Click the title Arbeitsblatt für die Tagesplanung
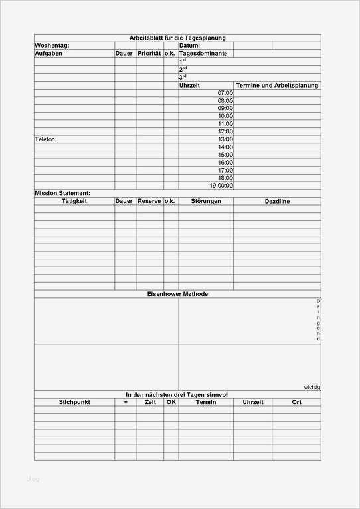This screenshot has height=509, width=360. tap(177, 38)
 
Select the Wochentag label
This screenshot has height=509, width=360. tap(51, 46)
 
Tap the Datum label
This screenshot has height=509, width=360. tap(189, 46)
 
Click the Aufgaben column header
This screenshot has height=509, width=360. tap(48, 53)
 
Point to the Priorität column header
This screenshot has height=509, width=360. tap(149, 53)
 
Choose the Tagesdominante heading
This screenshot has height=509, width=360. tap(203, 53)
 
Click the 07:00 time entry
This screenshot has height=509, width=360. tap(225, 93)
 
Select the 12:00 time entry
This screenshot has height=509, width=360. tap(225, 131)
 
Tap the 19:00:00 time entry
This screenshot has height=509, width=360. tap(221, 186)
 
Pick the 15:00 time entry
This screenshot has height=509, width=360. tap(225, 155)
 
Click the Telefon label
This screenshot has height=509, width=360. tap(46, 139)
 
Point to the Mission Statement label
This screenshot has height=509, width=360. tap(62, 193)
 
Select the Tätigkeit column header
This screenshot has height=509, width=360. tap(74, 200)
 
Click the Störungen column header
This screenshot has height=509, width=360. tap(206, 200)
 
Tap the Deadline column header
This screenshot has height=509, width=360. tap(277, 201)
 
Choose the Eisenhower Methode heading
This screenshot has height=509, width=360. tap(177, 294)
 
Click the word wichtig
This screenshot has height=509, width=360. tap(312, 386)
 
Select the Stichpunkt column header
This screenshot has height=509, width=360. tap(74, 402)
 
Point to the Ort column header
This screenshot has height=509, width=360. tap(296, 402)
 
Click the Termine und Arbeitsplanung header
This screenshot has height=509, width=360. tap(277, 86)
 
